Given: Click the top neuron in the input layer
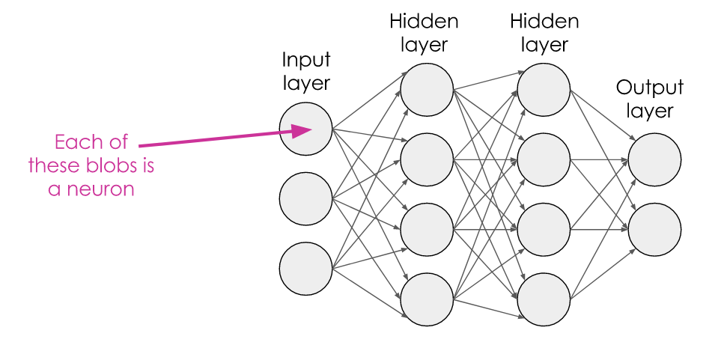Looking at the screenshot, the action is [305, 129].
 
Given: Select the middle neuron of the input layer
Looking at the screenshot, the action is [305, 198].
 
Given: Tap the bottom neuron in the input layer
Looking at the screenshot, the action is [305, 268].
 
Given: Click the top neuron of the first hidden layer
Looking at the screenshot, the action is [427, 90].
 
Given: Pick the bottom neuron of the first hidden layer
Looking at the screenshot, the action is [427, 299].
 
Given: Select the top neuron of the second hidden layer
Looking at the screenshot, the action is [544, 90].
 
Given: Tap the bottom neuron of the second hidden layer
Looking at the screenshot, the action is [544, 299].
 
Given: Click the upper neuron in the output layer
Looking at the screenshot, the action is [654, 159].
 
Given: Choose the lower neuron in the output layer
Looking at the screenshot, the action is [654, 229].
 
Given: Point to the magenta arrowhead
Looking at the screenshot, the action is [302, 130].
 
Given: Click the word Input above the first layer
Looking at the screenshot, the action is [306, 61].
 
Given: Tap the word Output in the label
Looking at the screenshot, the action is [650, 88].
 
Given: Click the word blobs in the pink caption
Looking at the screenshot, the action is [109, 165].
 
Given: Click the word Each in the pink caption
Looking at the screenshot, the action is [78, 141].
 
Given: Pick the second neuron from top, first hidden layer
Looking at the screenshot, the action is [427, 159].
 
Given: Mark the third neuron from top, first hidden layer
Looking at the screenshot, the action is [427, 229].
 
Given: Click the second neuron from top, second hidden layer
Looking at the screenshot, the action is [544, 159].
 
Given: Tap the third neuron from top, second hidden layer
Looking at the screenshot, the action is [544, 229].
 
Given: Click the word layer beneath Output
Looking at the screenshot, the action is [650, 112].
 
